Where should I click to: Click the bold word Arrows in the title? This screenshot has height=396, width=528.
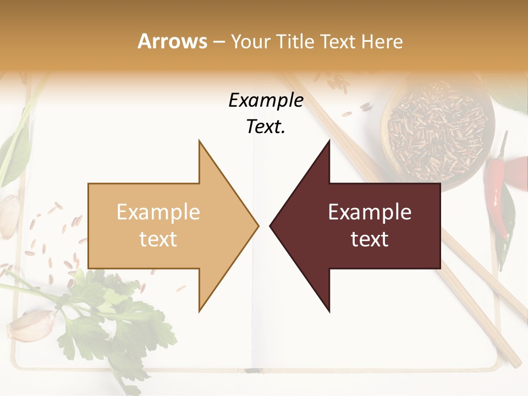pyautogui.click(x=173, y=41)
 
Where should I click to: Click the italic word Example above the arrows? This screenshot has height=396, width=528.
pyautogui.click(x=266, y=101)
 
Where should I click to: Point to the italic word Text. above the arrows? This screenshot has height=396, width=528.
pyautogui.click(x=266, y=127)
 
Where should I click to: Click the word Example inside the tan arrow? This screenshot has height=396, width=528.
pyautogui.click(x=158, y=212)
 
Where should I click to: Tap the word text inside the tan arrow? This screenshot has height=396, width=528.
pyautogui.click(x=158, y=239)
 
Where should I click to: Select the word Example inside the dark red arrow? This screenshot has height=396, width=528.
pyautogui.click(x=370, y=212)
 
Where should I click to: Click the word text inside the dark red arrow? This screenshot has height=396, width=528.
pyautogui.click(x=370, y=239)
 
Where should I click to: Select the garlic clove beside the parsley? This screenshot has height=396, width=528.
pyautogui.click(x=32, y=326)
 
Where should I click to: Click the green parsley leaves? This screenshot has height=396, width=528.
pyautogui.click(x=99, y=313)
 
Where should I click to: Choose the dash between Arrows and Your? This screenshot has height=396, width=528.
pyautogui.click(x=219, y=42)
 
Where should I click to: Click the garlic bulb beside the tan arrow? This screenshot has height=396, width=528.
pyautogui.click(x=8, y=217)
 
